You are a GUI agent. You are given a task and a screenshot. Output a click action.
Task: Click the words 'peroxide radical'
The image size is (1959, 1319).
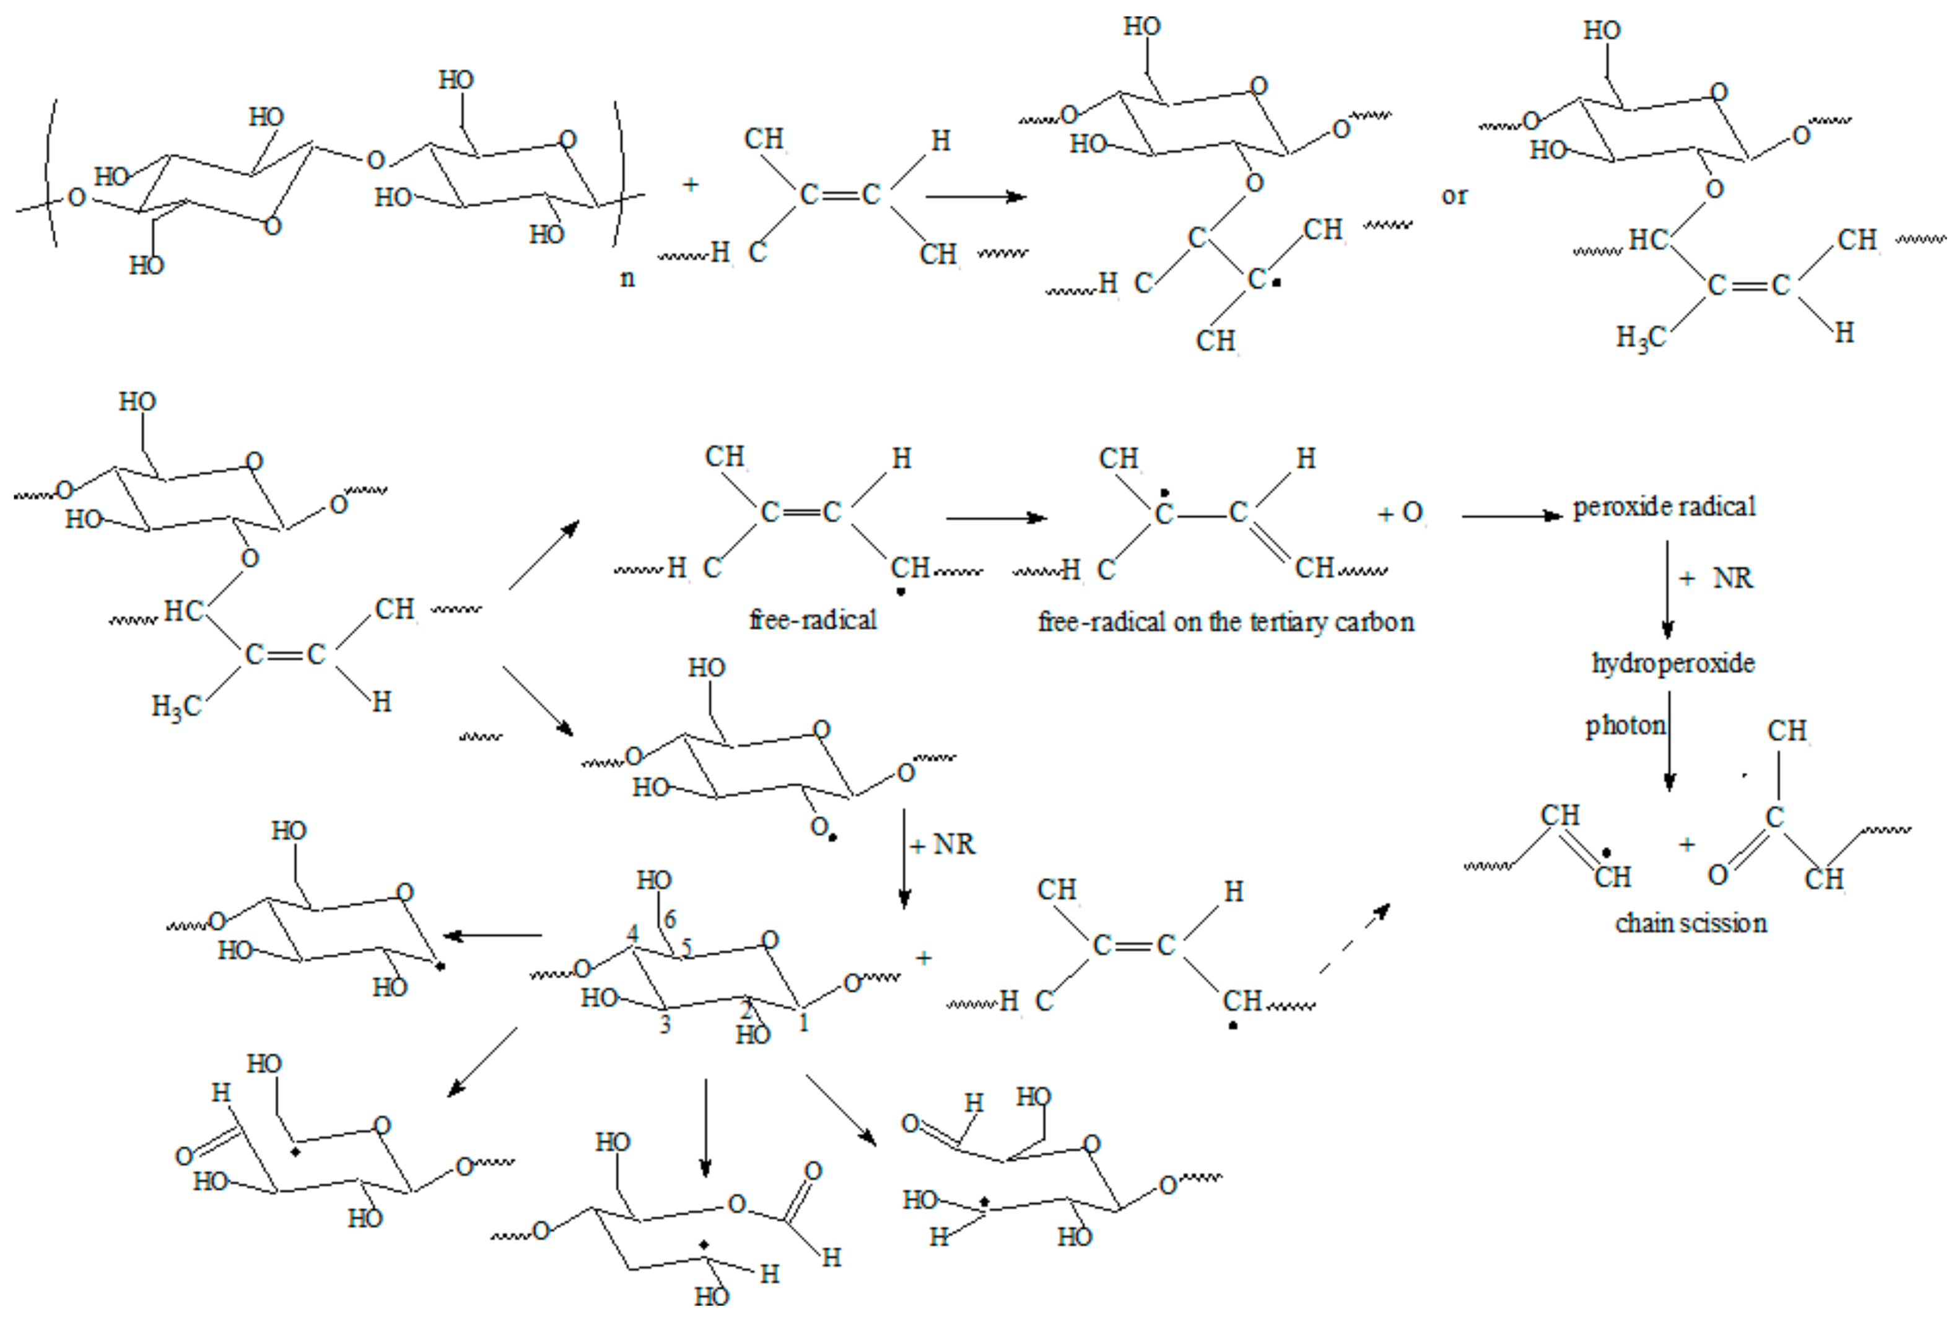pos(1664,507)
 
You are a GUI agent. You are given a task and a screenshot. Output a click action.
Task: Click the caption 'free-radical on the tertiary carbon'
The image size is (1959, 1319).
pos(1226,622)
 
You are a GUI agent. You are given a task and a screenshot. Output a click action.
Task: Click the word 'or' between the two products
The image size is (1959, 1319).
pos(1454,196)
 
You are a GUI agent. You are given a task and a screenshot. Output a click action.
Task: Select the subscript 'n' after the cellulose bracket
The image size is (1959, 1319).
pos(627,279)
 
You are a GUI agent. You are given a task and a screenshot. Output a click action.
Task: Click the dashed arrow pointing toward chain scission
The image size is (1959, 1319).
pos(1355,938)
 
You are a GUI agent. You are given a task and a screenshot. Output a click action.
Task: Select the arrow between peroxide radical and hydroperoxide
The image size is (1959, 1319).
pos(1667,589)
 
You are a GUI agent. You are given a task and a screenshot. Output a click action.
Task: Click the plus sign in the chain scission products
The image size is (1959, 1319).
pos(1686,845)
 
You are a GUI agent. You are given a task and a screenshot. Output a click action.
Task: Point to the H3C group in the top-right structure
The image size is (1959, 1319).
pos(1640,338)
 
